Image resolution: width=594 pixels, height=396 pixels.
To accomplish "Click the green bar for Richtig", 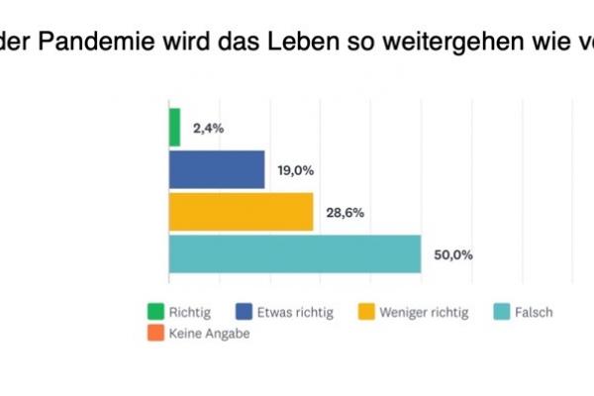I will click(x=174, y=128).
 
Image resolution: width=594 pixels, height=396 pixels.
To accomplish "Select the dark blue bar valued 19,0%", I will click(x=217, y=169).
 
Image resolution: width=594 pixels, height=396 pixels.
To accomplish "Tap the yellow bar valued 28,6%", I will click(x=241, y=212).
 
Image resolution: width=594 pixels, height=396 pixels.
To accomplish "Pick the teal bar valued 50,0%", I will click(x=294, y=253).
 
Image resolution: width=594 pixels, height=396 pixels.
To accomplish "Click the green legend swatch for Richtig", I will click(x=153, y=312).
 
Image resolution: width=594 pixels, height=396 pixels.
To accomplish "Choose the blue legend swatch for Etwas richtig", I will click(x=244, y=312).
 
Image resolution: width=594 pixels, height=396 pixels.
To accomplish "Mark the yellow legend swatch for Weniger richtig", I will click(x=366, y=312).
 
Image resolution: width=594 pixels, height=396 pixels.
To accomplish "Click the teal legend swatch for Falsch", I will click(x=502, y=312).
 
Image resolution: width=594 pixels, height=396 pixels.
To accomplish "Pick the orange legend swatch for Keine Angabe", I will click(x=153, y=335).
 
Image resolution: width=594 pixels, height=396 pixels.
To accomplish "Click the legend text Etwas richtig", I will click(x=295, y=312).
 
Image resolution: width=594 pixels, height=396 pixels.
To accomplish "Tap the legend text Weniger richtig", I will click(x=426, y=312).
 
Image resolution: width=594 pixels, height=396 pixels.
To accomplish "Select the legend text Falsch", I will click(x=534, y=312).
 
